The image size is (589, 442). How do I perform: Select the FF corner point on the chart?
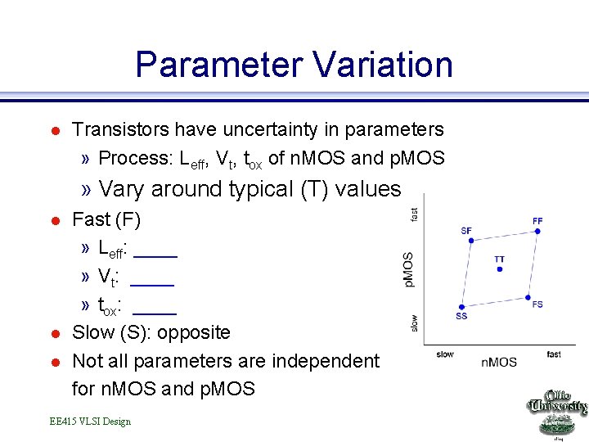537,232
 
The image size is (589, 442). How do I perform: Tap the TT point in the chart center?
499,269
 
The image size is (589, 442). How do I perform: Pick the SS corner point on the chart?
461,306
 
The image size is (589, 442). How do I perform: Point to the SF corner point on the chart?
466,240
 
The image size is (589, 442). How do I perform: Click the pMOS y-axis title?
408,269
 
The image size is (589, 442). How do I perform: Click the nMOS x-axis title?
498,362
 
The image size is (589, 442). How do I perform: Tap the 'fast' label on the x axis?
554,354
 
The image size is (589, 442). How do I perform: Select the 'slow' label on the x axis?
444,354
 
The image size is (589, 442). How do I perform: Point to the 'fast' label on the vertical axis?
415,213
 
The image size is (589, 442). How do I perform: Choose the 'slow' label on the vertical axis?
415,322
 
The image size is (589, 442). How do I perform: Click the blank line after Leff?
155,255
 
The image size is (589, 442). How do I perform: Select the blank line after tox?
155,312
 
